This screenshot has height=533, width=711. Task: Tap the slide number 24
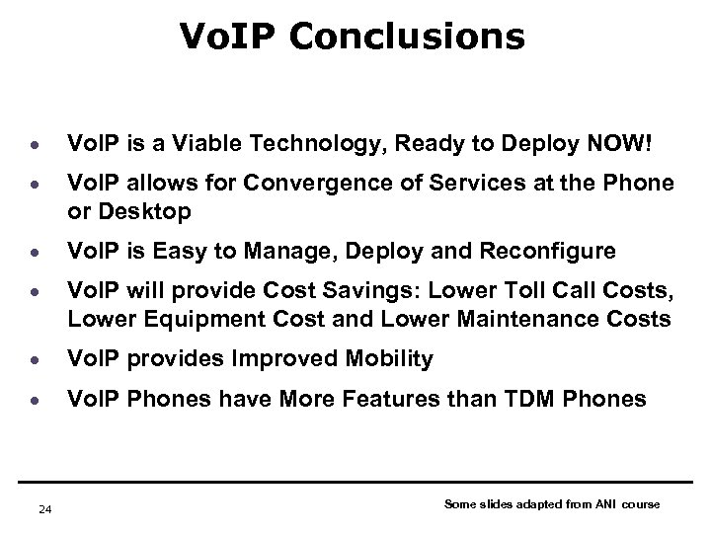point(43,509)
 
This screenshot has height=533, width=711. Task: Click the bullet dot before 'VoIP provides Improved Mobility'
point(34,360)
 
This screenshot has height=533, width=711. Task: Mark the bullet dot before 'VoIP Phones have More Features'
point(34,400)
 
